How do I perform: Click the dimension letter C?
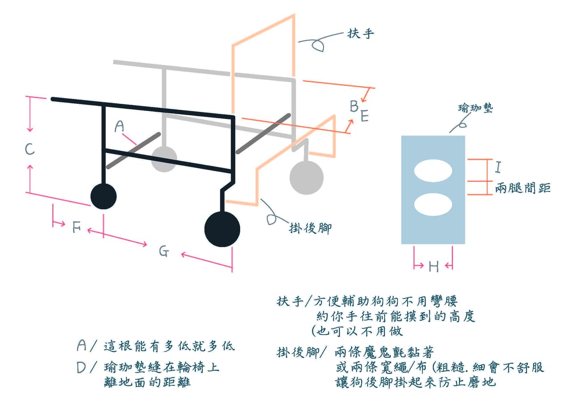tap(29, 149)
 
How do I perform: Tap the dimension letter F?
tap(76, 227)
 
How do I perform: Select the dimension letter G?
tap(164, 252)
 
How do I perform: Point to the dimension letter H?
tap(433, 267)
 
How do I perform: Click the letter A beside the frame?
tap(119, 126)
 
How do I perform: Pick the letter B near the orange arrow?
tap(354, 106)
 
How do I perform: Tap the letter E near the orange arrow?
tap(365, 115)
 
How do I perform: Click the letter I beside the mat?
tap(498, 167)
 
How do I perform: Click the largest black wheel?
tap(222, 229)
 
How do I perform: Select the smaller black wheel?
tap(103, 196)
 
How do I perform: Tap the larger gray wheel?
tap(307, 178)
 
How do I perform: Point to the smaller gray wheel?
tap(164, 159)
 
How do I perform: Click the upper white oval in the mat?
tap(433, 171)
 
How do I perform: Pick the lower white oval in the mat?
tap(433, 204)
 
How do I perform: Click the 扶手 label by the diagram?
tap(361, 34)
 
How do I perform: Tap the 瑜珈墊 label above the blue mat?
tap(475, 108)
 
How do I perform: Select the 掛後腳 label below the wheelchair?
tap(310, 228)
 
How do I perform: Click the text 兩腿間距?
tap(523, 188)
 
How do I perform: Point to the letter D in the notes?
tap(81, 367)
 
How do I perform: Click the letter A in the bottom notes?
tap(82, 345)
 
